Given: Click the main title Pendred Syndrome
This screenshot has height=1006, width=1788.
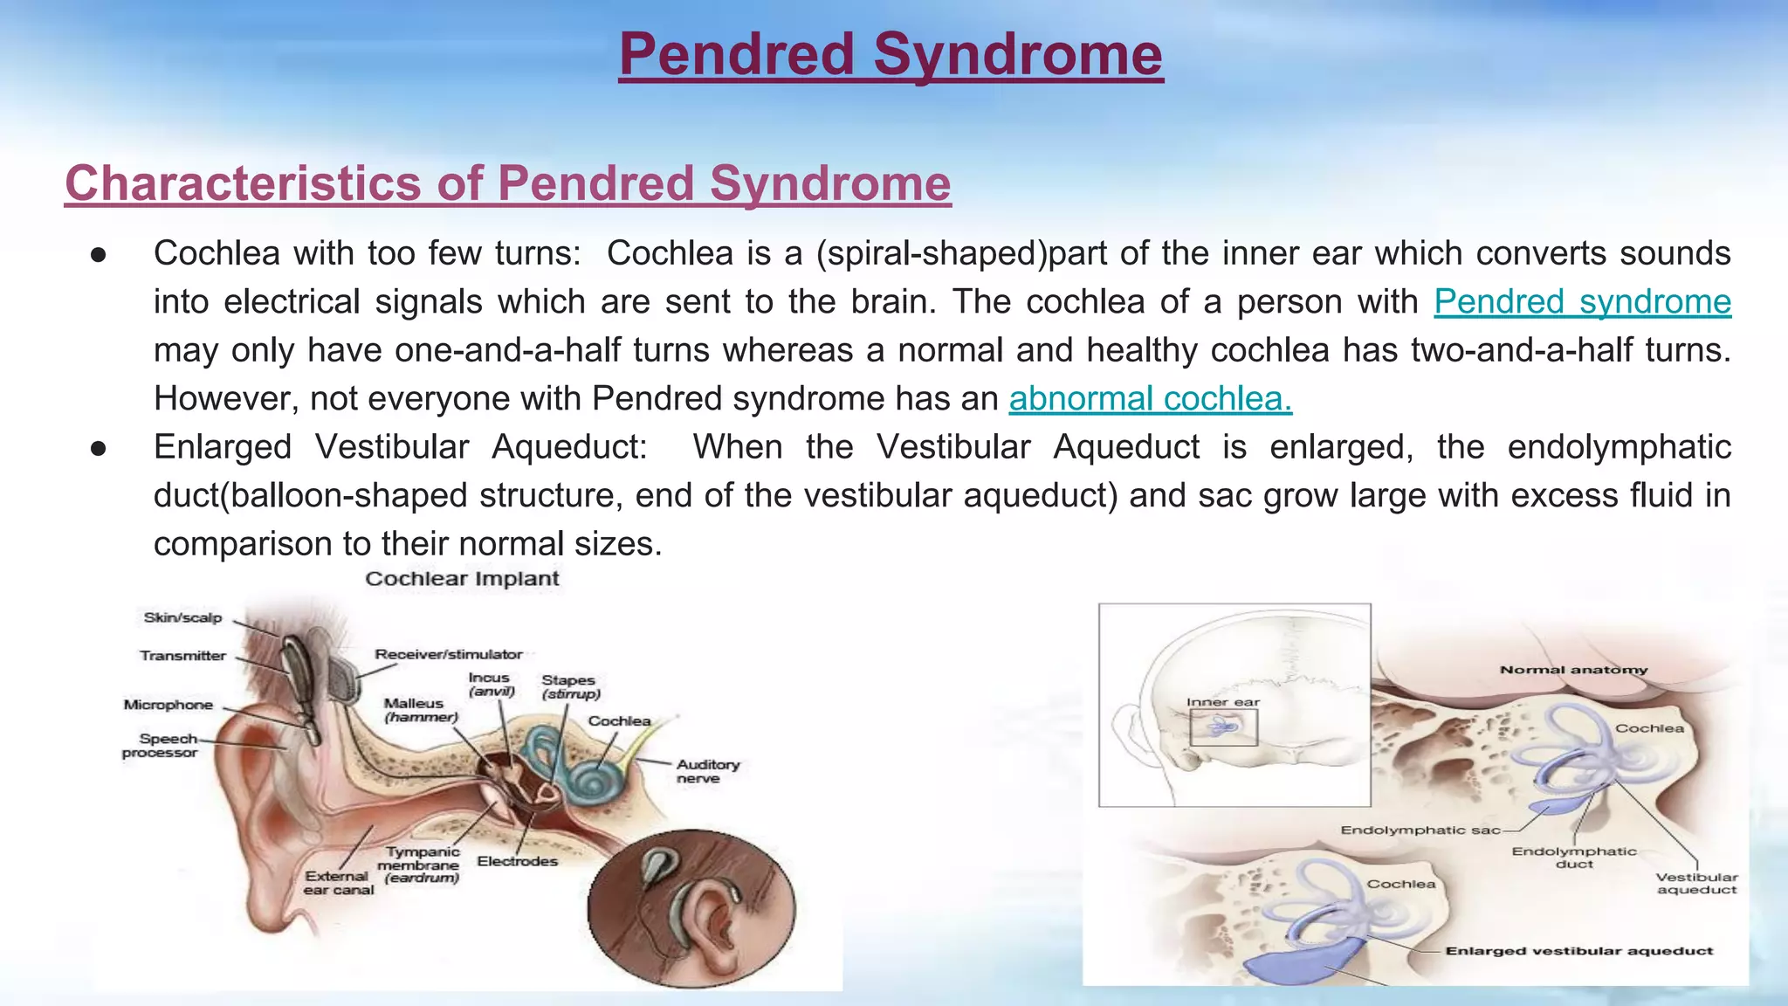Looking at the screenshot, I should [891, 54].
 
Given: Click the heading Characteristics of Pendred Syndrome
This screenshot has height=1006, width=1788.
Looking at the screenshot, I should [507, 183].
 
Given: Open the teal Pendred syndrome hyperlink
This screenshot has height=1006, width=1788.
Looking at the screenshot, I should [1582, 302].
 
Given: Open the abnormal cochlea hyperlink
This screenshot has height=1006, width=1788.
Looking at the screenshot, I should [1150, 399].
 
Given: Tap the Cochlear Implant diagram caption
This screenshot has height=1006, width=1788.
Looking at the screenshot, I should [462, 579].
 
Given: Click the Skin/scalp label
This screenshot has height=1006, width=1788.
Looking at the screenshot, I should [182, 618].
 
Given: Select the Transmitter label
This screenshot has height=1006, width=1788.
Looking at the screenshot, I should [182, 656].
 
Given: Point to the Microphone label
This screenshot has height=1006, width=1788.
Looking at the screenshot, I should [168, 705].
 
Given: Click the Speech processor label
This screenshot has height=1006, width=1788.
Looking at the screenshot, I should [161, 746].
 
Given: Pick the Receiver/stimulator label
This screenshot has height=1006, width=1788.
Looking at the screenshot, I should [448, 654].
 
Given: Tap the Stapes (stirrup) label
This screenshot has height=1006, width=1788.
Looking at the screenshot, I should [570, 686].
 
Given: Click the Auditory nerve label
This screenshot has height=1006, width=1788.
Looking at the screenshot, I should [706, 771].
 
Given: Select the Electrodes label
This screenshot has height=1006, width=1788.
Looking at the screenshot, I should [517, 862].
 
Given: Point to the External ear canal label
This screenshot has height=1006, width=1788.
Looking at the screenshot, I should [338, 883].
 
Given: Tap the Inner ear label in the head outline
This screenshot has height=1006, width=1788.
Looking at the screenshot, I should [1222, 702].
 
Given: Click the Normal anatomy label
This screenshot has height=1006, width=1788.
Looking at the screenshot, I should [1573, 670].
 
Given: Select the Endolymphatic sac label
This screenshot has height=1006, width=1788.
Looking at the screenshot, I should [1420, 830].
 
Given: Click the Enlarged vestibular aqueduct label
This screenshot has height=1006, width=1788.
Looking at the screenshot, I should [1578, 951].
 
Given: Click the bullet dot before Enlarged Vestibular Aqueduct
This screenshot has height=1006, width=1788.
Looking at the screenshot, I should [99, 448].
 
